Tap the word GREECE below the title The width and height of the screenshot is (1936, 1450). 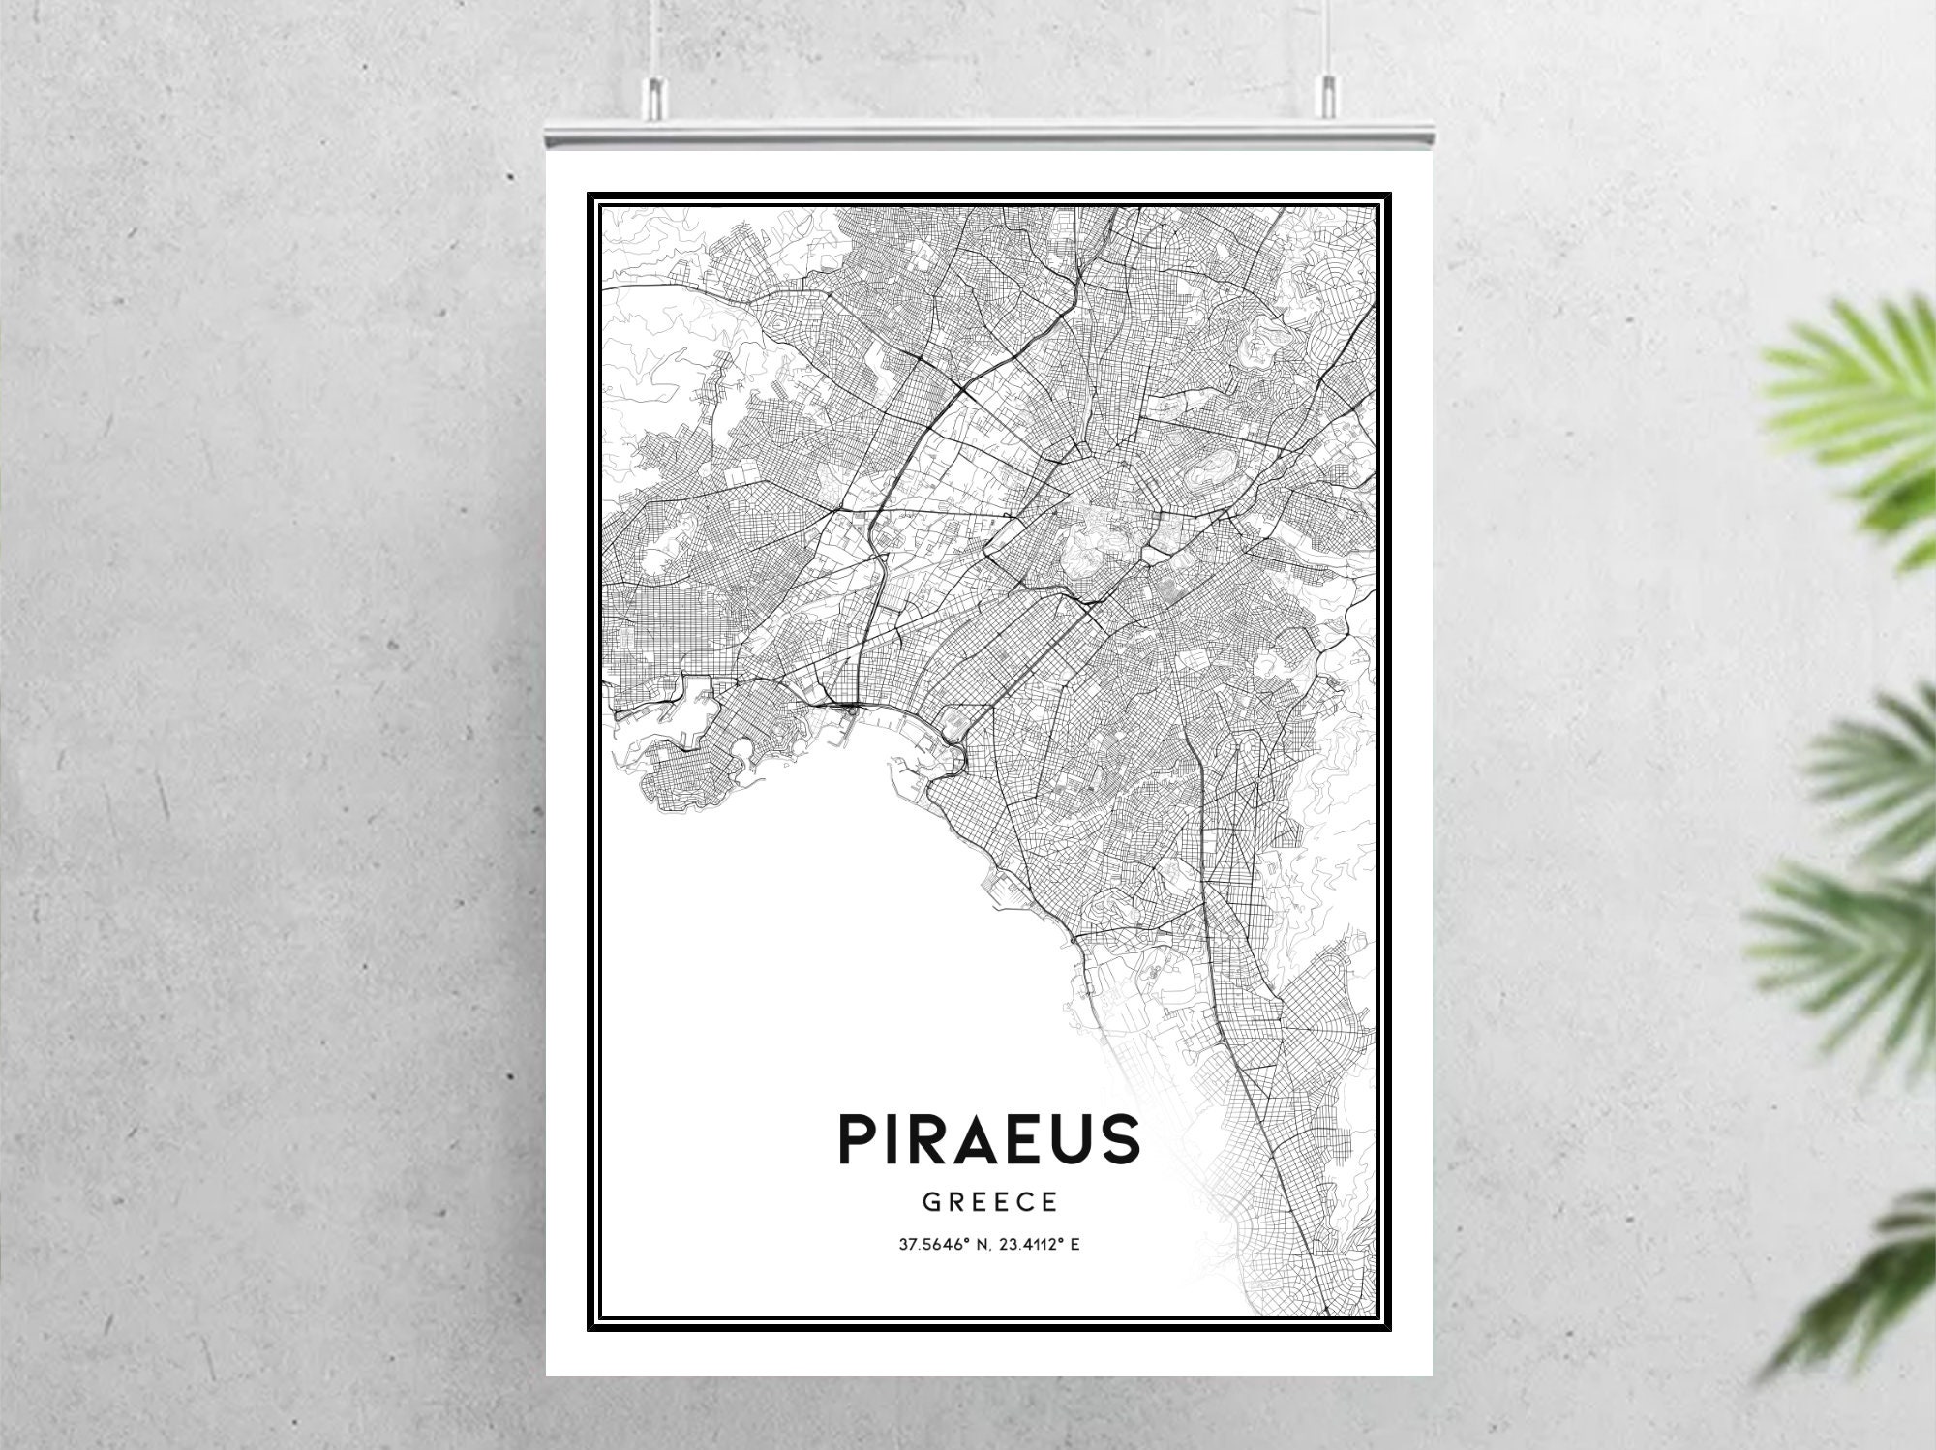click(989, 1203)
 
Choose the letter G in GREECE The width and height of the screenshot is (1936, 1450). click(930, 1203)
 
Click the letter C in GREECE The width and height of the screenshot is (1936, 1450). click(1025, 1203)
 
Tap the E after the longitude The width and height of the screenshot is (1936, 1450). click(1074, 1244)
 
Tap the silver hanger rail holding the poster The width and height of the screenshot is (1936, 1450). click(988, 136)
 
